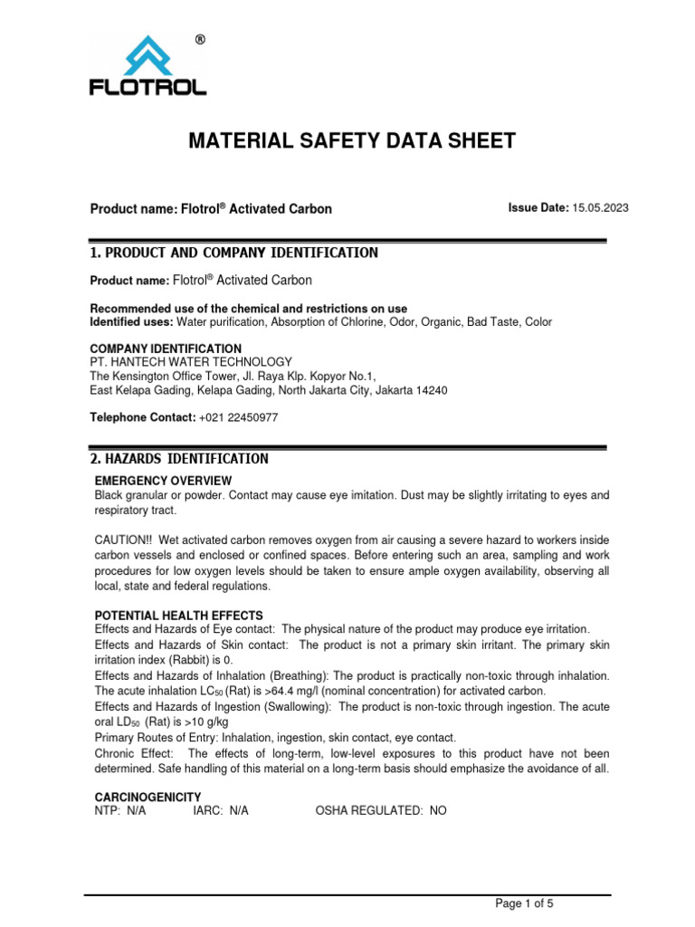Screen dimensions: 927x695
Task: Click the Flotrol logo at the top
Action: click(x=148, y=66)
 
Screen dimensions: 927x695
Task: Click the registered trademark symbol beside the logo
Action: click(x=200, y=40)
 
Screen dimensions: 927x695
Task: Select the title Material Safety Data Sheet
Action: click(x=351, y=140)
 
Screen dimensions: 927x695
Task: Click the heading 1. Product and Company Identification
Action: click(x=233, y=253)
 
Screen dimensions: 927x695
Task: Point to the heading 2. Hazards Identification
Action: click(x=178, y=459)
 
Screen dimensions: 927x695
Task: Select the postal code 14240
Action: click(x=431, y=390)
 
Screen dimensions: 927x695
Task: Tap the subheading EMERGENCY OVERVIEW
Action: click(x=163, y=480)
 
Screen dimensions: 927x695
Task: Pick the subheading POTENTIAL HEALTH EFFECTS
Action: click(x=179, y=615)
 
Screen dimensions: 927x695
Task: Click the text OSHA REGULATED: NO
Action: click(x=380, y=812)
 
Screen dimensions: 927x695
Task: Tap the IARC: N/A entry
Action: click(x=220, y=812)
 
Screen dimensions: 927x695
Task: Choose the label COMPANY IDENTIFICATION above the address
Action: click(x=165, y=349)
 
